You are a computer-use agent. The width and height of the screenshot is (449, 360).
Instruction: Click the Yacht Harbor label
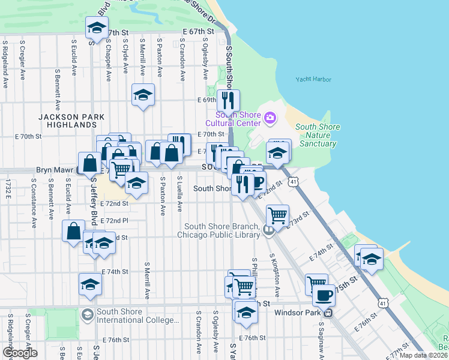click(x=313, y=79)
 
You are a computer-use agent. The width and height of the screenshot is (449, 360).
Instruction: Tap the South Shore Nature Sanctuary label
click(x=318, y=135)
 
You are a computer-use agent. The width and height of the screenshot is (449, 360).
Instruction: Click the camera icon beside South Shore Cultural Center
click(x=270, y=116)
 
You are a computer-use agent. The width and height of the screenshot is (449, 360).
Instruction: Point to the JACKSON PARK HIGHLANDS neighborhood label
click(x=67, y=121)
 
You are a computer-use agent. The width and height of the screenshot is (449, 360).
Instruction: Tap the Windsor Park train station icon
click(x=328, y=313)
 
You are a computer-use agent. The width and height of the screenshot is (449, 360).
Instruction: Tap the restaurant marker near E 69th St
click(x=228, y=100)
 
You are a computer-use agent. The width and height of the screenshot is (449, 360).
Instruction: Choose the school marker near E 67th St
click(x=95, y=28)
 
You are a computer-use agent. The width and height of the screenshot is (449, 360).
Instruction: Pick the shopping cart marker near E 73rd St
click(x=277, y=215)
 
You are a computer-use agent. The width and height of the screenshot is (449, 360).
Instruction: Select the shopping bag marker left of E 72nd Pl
click(x=74, y=230)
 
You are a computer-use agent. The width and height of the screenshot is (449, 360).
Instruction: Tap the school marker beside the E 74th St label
click(x=91, y=284)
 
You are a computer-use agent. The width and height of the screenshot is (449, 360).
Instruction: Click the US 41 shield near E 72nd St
click(x=292, y=181)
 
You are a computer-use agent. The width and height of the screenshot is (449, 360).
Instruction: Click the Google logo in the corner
click(x=19, y=353)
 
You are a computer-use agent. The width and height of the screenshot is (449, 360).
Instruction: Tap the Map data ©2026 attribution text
click(x=423, y=355)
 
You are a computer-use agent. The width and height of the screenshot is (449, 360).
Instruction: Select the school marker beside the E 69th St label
click(x=143, y=95)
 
